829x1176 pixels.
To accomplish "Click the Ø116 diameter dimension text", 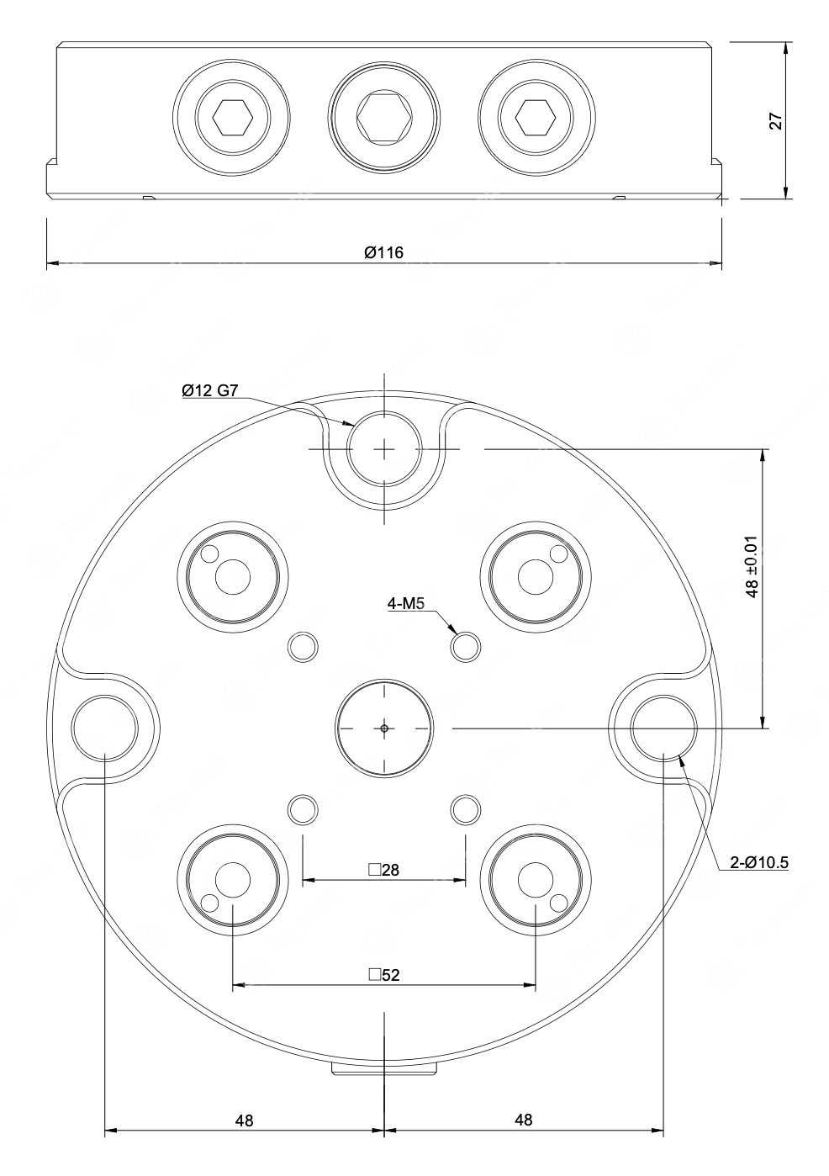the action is (384, 252).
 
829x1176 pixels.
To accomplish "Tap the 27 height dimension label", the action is (775, 121).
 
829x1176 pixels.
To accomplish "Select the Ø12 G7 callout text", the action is (210, 390).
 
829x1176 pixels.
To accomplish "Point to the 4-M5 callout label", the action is (405, 604).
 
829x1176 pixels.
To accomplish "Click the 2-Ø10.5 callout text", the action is (758, 862).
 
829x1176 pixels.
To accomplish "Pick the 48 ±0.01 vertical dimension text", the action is (752, 566).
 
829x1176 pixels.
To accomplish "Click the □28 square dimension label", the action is (383, 870).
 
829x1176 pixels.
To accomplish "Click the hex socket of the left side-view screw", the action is (232, 117).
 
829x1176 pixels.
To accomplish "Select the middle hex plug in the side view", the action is (384, 118).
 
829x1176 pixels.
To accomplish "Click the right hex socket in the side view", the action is (536, 118).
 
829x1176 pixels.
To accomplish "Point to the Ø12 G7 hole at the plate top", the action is (384, 449).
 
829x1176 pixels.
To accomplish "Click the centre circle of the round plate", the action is (384, 728).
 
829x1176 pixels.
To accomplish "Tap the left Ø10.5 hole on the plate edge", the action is (105, 728).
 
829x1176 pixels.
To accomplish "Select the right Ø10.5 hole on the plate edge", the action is (663, 728).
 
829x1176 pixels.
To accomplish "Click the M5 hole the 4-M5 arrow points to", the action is (466, 647).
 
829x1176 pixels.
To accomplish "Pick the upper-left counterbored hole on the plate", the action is (233, 577).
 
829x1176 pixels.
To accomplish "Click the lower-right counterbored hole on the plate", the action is (536, 880).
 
